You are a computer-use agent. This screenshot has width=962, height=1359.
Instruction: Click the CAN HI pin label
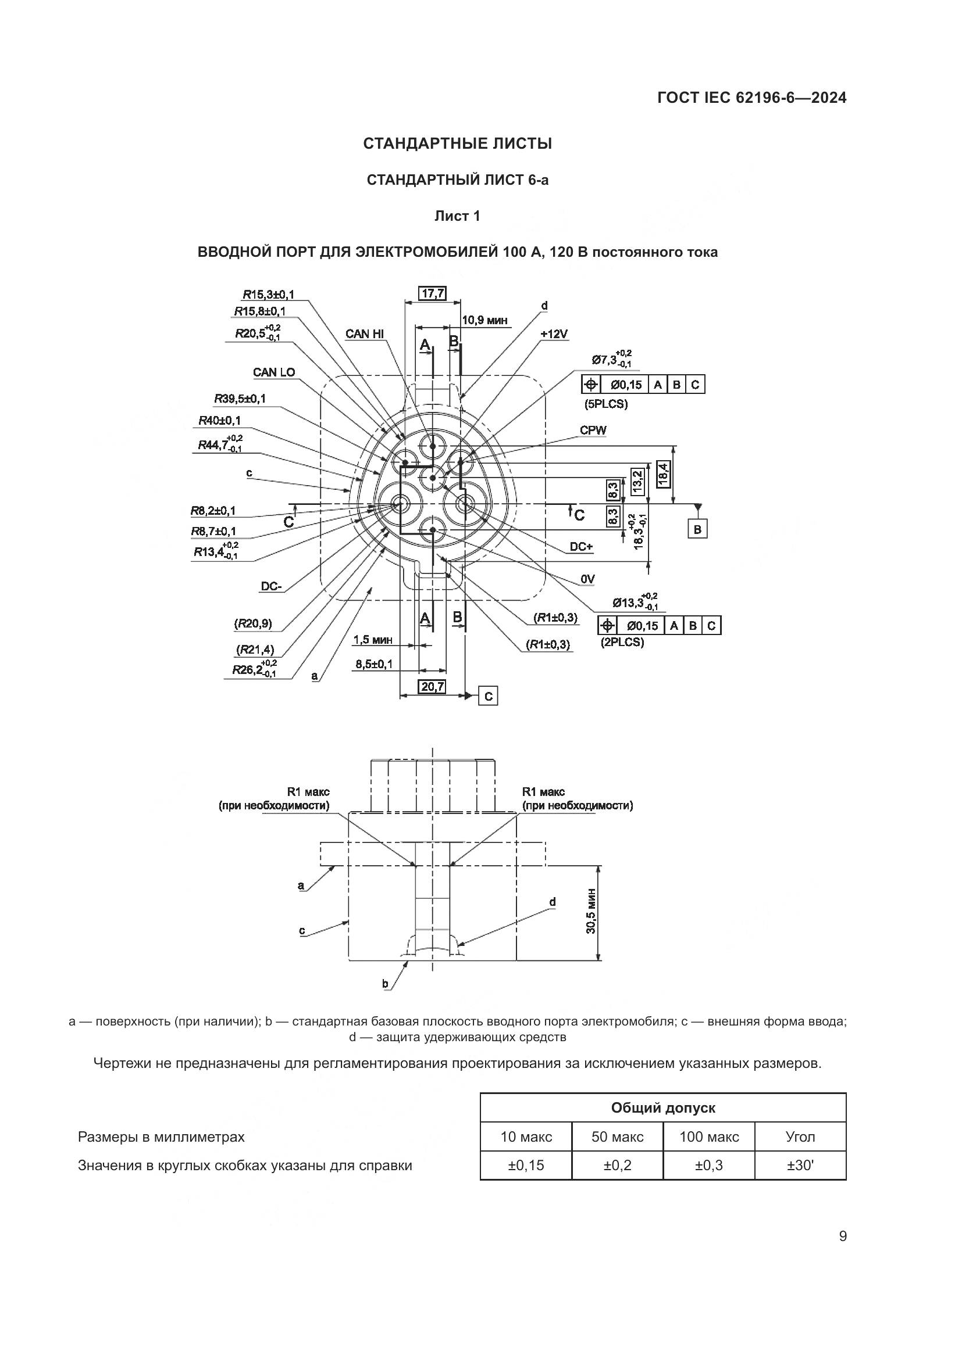364,334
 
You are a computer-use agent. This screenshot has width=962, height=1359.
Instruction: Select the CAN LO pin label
274,372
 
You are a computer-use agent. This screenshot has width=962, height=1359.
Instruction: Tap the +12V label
554,335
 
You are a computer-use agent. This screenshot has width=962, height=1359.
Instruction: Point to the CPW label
593,431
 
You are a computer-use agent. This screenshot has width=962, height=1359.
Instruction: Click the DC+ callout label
581,547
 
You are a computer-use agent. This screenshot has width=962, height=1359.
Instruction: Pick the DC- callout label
271,587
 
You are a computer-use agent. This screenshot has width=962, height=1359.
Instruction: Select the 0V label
587,579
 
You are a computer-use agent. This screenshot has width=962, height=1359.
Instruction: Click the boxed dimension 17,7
432,293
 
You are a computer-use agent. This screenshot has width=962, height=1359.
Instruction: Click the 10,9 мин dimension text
484,320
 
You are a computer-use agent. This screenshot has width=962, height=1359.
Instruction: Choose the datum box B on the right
697,529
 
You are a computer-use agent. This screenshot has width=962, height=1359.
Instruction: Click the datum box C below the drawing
488,697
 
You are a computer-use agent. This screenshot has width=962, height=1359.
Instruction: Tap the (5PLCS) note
605,404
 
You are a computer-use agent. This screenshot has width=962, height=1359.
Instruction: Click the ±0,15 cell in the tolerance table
525,1166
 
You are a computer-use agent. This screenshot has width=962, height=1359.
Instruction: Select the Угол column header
800,1136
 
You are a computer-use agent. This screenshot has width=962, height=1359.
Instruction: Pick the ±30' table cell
800,1166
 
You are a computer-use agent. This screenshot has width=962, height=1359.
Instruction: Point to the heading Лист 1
457,216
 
